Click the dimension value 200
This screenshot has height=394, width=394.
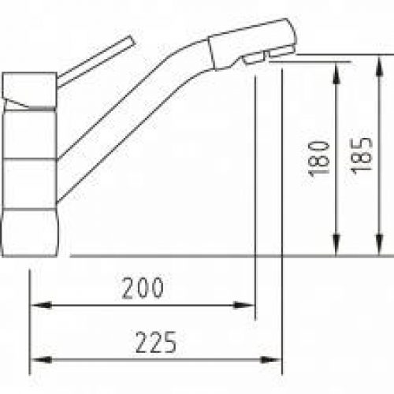point(143,288)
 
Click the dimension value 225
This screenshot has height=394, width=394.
point(156,342)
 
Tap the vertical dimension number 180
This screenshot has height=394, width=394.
point(319,159)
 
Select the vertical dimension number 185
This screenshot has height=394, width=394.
point(362,156)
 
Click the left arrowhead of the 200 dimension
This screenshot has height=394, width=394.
point(41,306)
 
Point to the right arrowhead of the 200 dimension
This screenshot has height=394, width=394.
point(244,306)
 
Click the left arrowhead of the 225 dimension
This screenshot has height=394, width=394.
point(41,360)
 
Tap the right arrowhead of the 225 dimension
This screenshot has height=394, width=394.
point(271,360)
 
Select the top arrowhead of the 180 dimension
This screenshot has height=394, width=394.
point(336,73)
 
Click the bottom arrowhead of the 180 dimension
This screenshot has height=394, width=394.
point(336,244)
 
